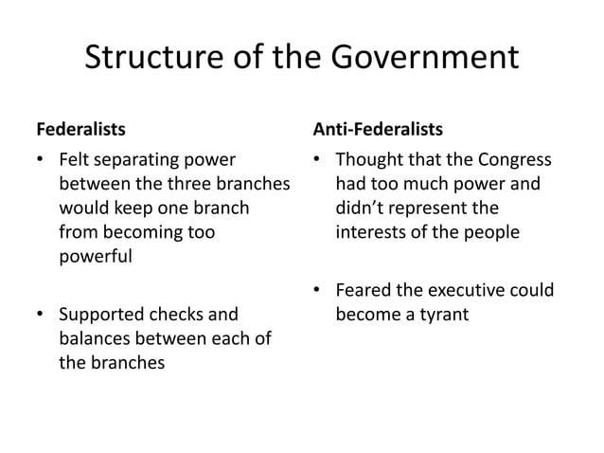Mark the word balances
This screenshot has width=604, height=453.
(97, 337)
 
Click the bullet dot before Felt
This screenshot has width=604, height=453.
(40, 159)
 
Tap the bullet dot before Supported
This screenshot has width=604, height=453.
(40, 315)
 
